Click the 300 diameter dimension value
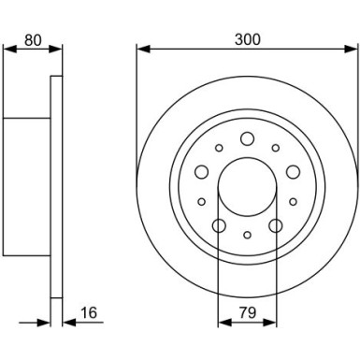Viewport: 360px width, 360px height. pos(248,40)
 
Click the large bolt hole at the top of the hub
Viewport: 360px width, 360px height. pos(247,139)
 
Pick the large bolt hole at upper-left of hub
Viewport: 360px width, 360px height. pos(202,171)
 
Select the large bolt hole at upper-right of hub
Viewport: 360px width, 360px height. pos(292,171)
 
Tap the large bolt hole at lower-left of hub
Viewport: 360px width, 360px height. pos(219,225)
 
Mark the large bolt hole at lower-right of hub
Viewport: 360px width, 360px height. pos(275,225)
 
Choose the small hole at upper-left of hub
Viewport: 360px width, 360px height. pos(219,148)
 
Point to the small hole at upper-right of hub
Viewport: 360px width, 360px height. pos(275,148)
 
